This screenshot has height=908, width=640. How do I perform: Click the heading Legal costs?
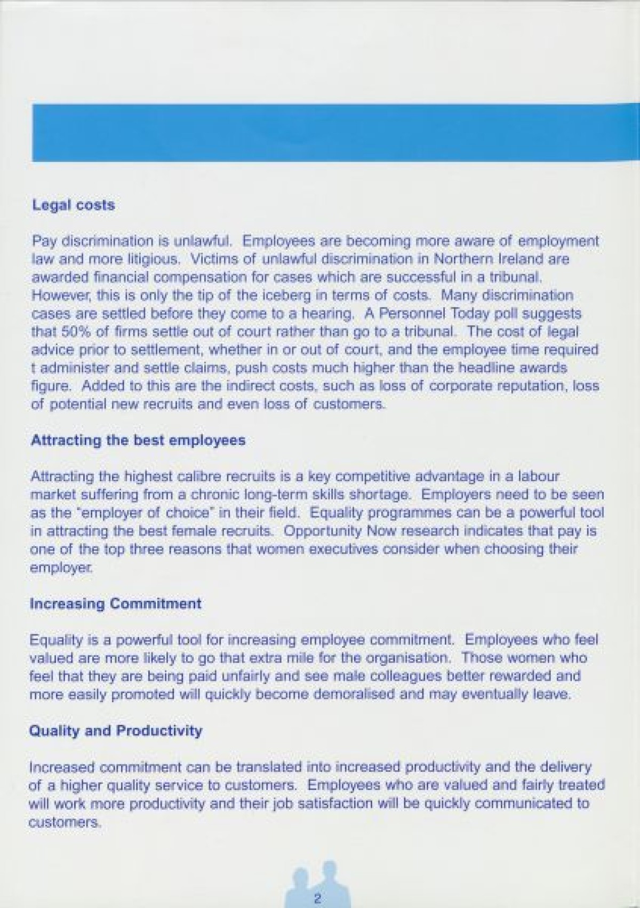(x=74, y=205)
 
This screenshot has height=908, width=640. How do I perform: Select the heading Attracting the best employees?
(x=139, y=441)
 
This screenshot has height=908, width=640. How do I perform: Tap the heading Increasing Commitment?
(x=116, y=604)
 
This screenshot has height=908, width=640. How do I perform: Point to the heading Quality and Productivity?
(x=116, y=730)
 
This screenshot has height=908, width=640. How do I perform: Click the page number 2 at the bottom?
(x=317, y=899)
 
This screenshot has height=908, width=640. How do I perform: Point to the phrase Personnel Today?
(x=431, y=313)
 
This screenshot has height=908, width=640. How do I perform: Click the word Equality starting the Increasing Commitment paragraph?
(x=52, y=640)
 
